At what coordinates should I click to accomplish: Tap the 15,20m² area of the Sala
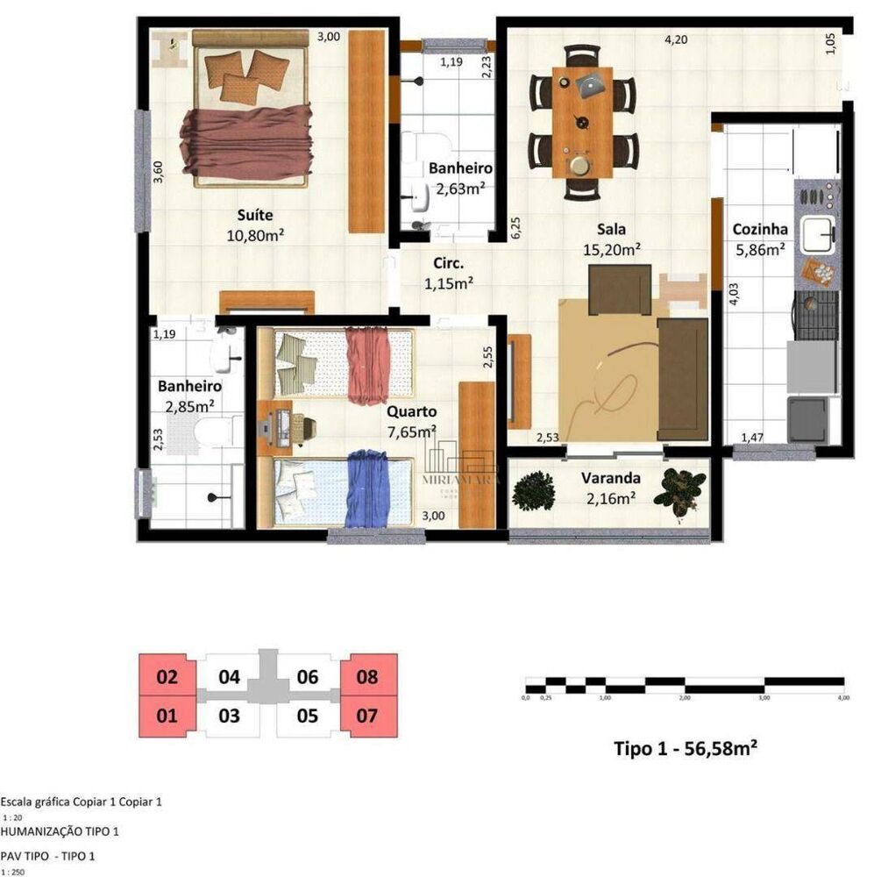pos(611,249)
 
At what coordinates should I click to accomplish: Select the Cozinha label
pos(760,230)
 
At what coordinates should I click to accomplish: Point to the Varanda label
pos(610,479)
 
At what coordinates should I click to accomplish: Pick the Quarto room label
pos(411,411)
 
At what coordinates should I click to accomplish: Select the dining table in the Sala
pos(582,123)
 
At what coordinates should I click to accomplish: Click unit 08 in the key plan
pos(367,677)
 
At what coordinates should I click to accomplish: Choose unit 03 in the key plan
pos(229,717)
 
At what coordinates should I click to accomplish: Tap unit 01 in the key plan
pos(167,717)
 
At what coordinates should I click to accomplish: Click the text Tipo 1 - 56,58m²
pos(685,749)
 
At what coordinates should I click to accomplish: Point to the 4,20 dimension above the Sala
pos(675,39)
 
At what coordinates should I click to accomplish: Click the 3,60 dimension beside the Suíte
pos(159,171)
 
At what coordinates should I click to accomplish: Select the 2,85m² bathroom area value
pos(189,405)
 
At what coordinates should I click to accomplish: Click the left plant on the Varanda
pos(534,491)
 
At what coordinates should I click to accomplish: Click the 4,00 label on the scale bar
pos(842,698)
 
